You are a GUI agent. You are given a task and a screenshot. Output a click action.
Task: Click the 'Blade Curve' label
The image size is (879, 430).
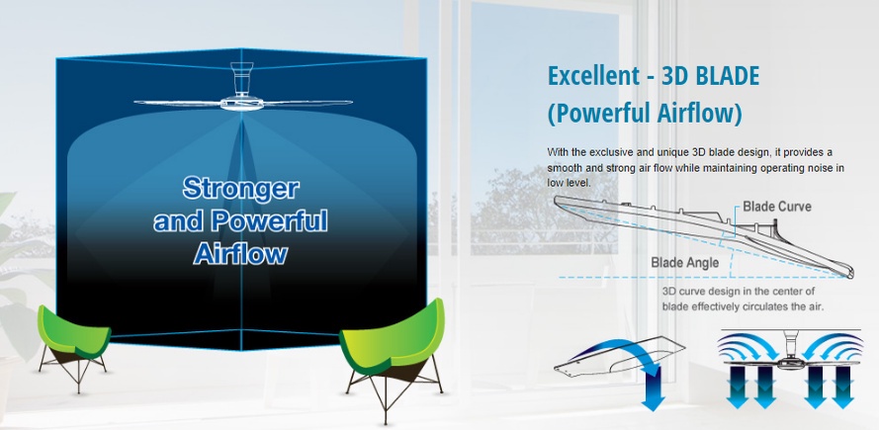(777, 207)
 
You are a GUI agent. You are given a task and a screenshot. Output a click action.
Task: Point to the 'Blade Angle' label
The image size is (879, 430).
(683, 263)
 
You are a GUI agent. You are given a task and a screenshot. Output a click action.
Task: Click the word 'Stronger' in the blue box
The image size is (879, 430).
(240, 187)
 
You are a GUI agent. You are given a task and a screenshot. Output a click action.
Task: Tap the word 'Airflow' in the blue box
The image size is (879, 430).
(240, 253)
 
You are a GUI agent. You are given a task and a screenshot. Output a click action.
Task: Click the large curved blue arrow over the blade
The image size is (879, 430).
(624, 351)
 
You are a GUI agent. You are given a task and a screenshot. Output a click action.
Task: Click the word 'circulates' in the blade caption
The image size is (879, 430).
(755, 306)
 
